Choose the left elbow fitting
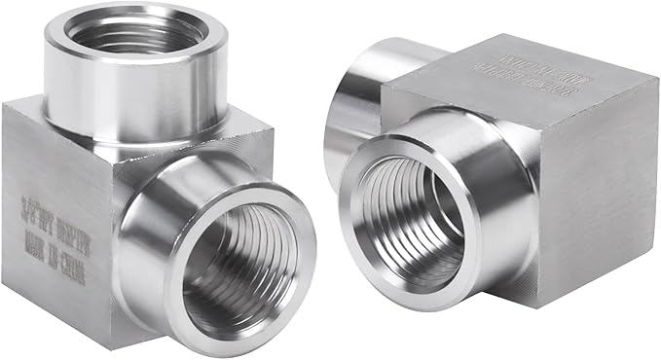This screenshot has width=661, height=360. pos(156,185)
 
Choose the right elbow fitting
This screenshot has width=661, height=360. pos(496,175)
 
